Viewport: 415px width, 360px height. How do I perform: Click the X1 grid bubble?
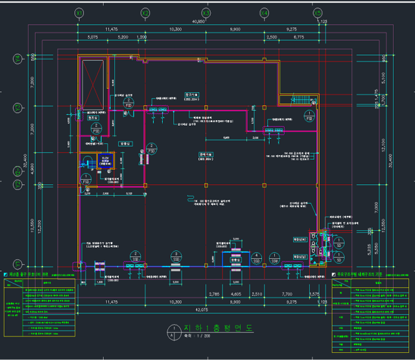coord(78,13)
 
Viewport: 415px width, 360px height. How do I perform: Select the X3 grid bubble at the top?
coord(206,13)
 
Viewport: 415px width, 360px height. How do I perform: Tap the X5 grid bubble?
coord(317,13)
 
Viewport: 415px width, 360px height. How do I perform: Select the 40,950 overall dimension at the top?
coord(198,21)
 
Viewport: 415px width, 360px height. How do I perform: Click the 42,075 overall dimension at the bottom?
coord(198,310)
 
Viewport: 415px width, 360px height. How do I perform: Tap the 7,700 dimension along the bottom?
coord(287,294)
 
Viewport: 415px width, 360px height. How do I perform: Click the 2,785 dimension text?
coord(215,294)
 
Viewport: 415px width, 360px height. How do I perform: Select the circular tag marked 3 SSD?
coord(175,256)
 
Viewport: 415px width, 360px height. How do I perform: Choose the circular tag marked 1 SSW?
coord(275,258)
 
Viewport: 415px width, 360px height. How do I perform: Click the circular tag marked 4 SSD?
coord(256,258)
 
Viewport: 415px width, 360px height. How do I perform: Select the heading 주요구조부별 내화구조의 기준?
coord(370,275)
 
